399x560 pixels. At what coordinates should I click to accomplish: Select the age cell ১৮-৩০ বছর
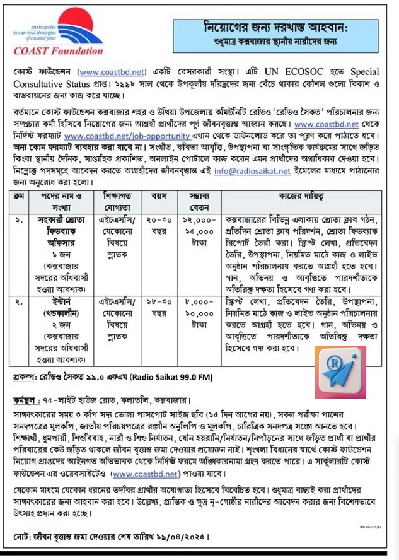[153, 309]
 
